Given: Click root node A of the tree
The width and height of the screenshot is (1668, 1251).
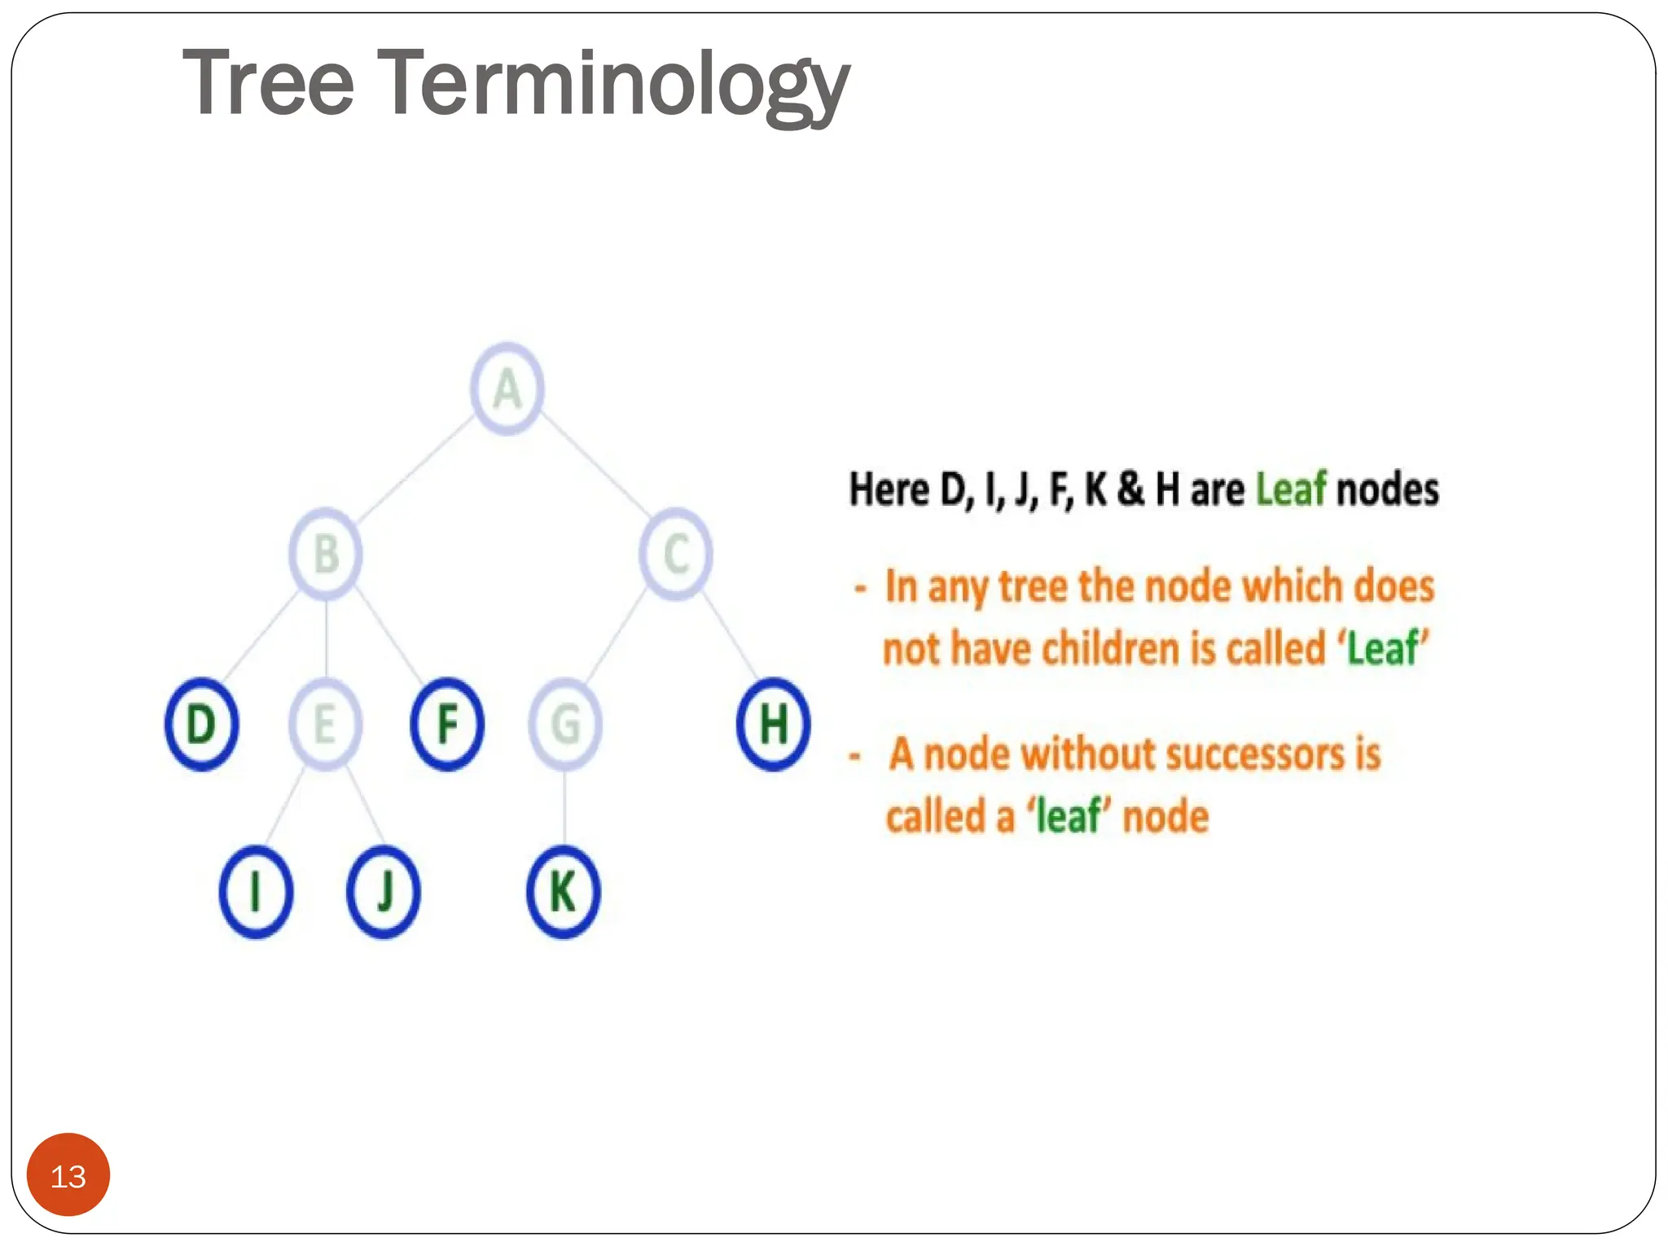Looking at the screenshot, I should pos(507,388).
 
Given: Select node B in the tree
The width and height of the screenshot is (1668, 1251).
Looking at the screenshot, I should pos(326,554).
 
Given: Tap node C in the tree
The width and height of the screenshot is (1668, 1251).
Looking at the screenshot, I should pos(676,554).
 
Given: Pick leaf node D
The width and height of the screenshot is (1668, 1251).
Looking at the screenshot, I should pos(202,724).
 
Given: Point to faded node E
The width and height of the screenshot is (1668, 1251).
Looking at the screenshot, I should pos(325,724).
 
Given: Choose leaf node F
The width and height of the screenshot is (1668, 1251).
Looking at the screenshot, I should pos(447,724).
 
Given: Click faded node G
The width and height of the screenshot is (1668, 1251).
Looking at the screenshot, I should pos(565,724).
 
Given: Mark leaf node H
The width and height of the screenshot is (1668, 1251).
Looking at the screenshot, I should pos(773,724).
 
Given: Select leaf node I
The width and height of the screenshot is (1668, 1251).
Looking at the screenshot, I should pos(256,892).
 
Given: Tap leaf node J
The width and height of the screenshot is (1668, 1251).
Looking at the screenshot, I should pos(384,892).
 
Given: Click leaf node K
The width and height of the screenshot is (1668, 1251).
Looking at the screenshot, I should pos(564,892).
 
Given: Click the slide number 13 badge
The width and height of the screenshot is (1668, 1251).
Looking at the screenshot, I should pos(68,1175).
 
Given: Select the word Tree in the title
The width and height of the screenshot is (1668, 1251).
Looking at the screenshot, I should pos(269,83).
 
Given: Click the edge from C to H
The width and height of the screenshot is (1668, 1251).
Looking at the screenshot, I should pos(731,639).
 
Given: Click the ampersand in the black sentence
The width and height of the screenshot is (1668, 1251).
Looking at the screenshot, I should pos(1130,489).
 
